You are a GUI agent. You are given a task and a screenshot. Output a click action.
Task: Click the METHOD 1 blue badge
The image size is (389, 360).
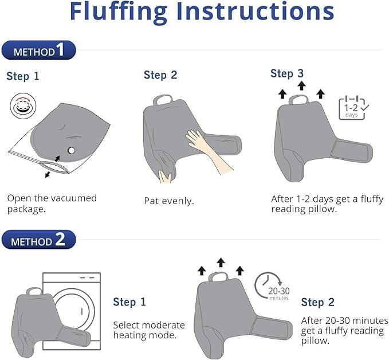[38, 50]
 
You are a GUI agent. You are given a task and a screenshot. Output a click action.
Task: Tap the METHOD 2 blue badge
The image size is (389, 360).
[38, 240]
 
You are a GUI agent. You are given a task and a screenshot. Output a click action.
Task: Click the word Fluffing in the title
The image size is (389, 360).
[119, 11]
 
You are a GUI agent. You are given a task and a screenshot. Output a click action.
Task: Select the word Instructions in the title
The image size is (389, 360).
[256, 11]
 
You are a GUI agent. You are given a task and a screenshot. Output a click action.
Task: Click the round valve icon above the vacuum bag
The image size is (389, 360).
[23, 106]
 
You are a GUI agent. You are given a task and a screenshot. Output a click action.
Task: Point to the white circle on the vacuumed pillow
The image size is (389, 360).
[71, 150]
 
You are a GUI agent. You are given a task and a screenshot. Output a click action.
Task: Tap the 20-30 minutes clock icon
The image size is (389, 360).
[272, 286]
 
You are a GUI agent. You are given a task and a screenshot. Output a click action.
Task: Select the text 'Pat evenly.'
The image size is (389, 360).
[169, 201]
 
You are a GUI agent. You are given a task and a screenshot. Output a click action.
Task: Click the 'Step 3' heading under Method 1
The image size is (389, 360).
[287, 73]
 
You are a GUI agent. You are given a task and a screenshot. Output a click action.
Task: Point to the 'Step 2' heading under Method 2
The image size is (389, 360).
[318, 302]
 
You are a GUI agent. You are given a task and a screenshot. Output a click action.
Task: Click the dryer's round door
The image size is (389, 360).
[74, 310]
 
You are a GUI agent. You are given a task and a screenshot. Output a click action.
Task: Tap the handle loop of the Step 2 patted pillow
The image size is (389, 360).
[163, 100]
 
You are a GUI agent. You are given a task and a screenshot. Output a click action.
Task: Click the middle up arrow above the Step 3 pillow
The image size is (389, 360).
[301, 85]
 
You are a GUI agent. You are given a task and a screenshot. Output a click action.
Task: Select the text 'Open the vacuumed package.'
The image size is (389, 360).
[52, 204]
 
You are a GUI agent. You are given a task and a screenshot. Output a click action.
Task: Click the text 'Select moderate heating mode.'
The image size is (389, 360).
[149, 330]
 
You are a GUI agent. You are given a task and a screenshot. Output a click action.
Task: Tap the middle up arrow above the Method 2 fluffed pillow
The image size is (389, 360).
[221, 263]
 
